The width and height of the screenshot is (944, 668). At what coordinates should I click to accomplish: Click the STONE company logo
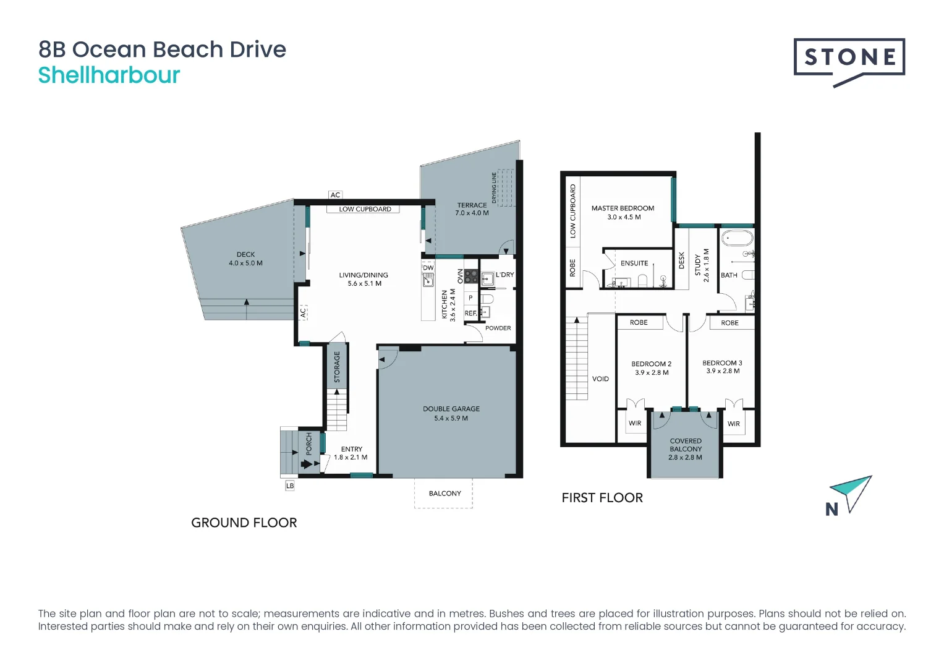tap(849, 62)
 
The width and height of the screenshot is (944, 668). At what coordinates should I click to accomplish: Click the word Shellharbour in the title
tap(109, 76)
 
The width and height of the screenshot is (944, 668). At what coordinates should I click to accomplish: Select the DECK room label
tap(245, 254)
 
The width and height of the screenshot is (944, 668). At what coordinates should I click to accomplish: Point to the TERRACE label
tap(472, 205)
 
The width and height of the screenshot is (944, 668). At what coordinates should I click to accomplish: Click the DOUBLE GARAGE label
tap(451, 409)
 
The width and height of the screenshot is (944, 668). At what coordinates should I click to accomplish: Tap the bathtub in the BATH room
tap(738, 238)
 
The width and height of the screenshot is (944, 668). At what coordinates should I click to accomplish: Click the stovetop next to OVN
tap(471, 276)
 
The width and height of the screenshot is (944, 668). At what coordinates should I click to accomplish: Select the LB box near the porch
tap(290, 486)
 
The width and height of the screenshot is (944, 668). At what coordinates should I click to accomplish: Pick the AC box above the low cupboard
tap(335, 195)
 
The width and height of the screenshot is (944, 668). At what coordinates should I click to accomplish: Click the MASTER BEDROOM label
tap(623, 208)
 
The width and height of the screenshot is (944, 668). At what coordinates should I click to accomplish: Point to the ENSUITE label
tap(634, 263)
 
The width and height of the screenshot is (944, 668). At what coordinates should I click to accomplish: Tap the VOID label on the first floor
tap(600, 379)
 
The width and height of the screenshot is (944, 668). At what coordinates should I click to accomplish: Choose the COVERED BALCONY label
tap(686, 445)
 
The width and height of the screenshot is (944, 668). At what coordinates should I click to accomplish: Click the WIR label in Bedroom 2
tap(635, 423)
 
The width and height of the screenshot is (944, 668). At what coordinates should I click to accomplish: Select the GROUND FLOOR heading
tap(244, 523)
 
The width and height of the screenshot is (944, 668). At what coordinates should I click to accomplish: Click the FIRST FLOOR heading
tap(602, 498)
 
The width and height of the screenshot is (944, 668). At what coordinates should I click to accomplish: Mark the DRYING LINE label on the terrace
tap(494, 187)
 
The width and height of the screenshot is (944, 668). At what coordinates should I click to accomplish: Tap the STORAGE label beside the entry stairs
tap(337, 367)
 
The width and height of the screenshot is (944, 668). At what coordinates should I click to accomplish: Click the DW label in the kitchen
tap(428, 268)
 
